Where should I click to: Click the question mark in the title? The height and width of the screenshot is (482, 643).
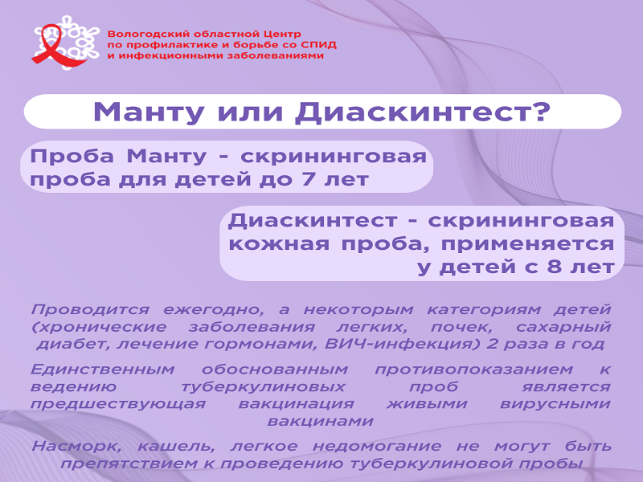[x=541, y=111]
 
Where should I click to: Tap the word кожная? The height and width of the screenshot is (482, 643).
[x=279, y=244]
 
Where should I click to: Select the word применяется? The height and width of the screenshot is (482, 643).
[x=527, y=244]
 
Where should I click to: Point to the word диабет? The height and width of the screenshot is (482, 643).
[x=73, y=344]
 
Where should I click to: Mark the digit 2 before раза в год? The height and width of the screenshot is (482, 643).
[x=491, y=344]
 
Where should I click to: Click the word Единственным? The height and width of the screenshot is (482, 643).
[x=103, y=370]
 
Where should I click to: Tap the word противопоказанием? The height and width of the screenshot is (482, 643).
[x=473, y=370]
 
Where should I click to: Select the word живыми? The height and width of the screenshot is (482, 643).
[x=427, y=404]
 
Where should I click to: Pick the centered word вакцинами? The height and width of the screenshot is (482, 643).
[x=320, y=421]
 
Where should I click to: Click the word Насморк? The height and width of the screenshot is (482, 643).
[x=76, y=447]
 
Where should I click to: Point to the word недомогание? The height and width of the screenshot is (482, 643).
[x=377, y=446]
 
